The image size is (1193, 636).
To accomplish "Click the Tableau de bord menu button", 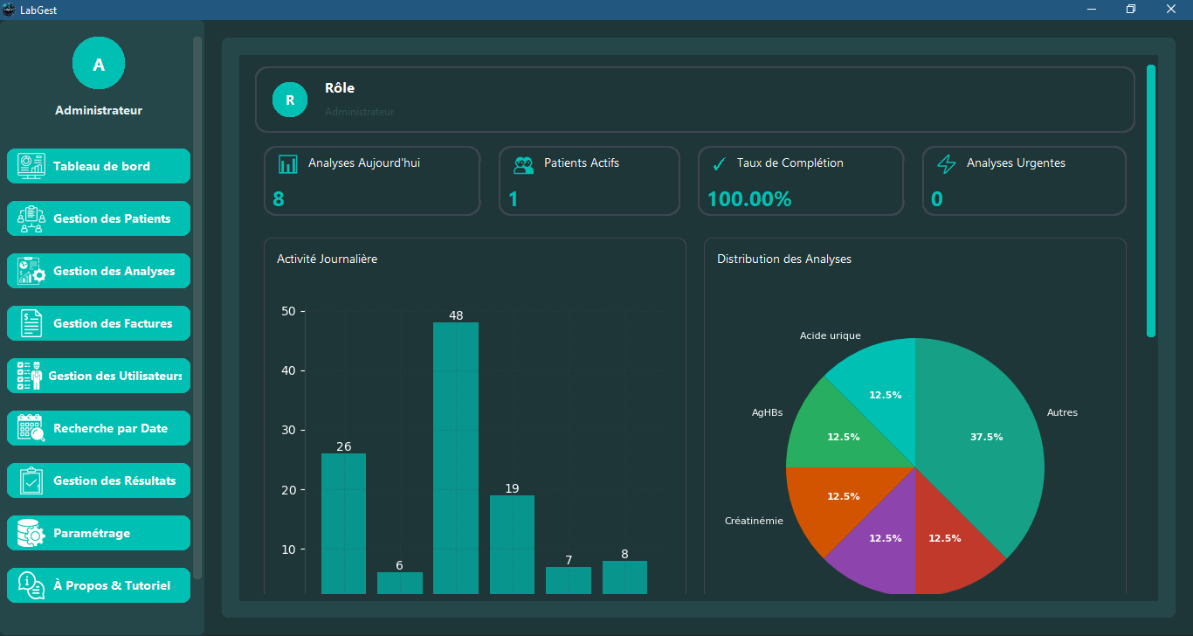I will click(99, 166).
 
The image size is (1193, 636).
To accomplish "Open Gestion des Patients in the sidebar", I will click(99, 218).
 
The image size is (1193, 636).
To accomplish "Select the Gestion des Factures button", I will click(99, 323).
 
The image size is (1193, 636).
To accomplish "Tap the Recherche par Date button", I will click(99, 428).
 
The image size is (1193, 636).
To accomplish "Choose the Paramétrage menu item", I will click(99, 533).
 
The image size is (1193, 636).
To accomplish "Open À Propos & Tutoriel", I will click(99, 585).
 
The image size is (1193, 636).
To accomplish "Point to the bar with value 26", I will click(343, 524).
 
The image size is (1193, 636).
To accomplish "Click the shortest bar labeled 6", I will click(400, 584).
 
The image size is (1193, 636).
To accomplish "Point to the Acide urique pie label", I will click(830, 335).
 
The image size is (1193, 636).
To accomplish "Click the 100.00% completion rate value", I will click(748, 199).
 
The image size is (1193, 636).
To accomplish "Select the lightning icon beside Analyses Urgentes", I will click(947, 164).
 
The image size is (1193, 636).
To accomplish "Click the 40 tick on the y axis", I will click(289, 370).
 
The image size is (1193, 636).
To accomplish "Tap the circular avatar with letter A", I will click(99, 64).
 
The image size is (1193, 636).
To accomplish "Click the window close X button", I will click(1170, 10).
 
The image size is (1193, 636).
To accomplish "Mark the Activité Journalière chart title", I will click(327, 259).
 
